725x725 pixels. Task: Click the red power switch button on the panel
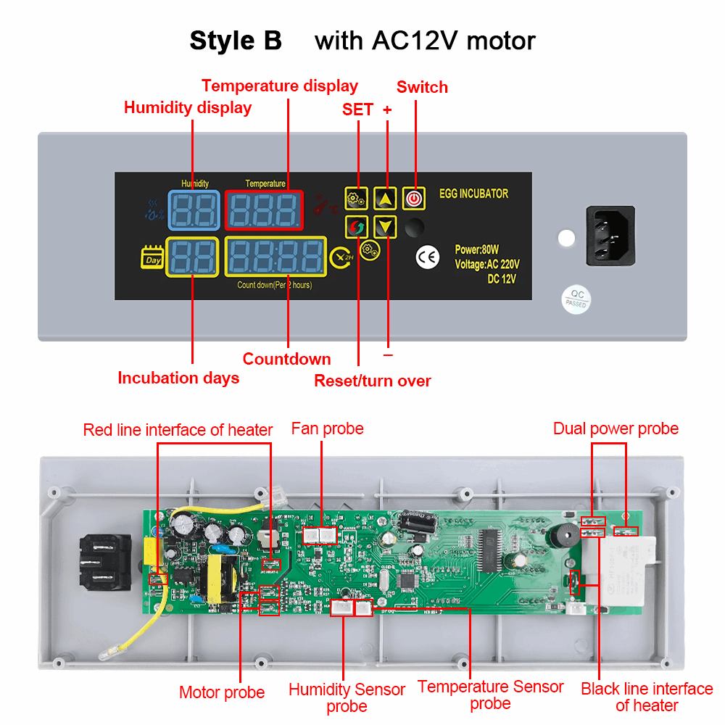tap(413, 198)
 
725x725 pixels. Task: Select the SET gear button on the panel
tap(356, 198)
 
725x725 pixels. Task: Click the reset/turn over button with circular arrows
tap(356, 227)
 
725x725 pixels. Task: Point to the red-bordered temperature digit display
tap(264, 210)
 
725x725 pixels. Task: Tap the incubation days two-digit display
tap(193, 257)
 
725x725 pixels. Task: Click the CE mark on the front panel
tap(427, 256)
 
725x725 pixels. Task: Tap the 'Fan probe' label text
tap(327, 428)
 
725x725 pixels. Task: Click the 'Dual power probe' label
tap(616, 428)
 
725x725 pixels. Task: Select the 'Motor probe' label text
tap(222, 692)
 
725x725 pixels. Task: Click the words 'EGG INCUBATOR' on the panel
tap(473, 194)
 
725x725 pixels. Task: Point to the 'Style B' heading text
tap(236, 41)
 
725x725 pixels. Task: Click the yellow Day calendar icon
tap(152, 258)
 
